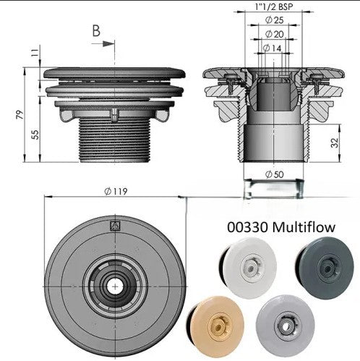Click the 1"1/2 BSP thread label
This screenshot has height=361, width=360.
(274, 7)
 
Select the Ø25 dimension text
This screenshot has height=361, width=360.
(274, 20)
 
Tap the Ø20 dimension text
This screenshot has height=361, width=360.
(275, 34)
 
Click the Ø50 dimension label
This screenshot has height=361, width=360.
(274, 174)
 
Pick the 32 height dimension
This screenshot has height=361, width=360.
(335, 143)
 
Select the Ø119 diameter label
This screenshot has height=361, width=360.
(116, 192)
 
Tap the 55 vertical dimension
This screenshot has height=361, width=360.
(35, 135)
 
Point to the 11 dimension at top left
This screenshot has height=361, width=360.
(35, 53)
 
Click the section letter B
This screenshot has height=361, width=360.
(96, 31)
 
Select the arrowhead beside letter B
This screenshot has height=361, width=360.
(108, 44)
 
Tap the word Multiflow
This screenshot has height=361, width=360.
(304, 227)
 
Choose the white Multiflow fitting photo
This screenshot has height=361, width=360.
(248, 268)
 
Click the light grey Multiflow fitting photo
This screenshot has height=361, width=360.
(286, 326)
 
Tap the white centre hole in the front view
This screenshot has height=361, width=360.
(115, 286)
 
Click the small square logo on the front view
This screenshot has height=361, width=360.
(116, 226)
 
